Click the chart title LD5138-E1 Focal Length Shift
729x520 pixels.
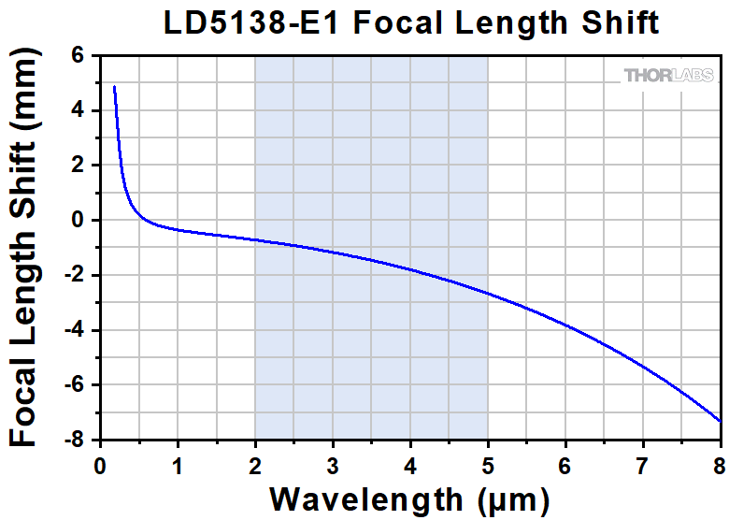pos(411,22)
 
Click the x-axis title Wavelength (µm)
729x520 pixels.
pos(410,496)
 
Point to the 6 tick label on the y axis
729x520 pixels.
pos(79,56)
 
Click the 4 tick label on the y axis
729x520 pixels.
pos(79,110)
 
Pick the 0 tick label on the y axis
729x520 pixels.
pos(79,221)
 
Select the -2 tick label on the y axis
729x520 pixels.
pos(74,275)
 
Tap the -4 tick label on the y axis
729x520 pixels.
pos(74,330)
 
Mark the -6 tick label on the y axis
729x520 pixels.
pos(74,385)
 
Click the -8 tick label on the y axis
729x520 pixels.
pos(74,440)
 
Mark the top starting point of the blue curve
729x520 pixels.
pos(114,87)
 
